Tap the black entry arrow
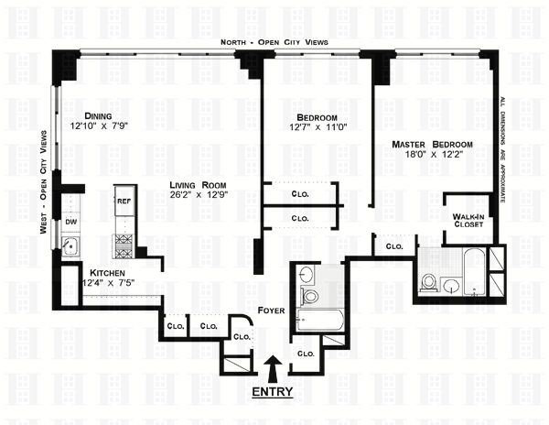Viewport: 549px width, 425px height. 273,370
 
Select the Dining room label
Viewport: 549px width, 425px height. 98,116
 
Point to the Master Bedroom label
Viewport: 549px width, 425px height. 432,145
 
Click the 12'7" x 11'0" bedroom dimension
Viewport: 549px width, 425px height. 317,129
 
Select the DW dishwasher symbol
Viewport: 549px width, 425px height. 70,222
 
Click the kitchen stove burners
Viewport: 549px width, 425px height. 124,244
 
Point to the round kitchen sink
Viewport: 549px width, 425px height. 70,246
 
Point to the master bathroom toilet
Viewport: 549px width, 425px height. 428,280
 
